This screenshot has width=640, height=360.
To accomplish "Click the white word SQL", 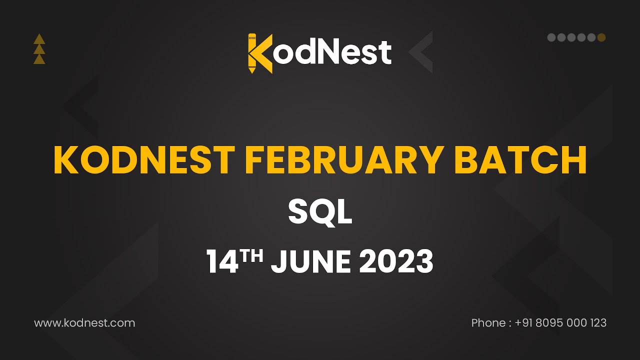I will [x=320, y=211].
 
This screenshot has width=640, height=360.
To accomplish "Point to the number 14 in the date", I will [x=222, y=261].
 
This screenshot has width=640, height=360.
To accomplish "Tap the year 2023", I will [x=396, y=261].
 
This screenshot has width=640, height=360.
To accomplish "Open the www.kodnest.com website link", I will [x=84, y=323].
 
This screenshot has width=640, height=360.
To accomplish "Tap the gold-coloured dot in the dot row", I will [x=601, y=37].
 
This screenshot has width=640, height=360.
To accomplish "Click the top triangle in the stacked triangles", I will [x=39, y=39].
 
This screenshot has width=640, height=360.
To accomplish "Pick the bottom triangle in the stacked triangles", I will [x=39, y=59].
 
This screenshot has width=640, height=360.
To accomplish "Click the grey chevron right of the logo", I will [x=420, y=52].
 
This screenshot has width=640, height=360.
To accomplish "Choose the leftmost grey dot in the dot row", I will [x=551, y=37].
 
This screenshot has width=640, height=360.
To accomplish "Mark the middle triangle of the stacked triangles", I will [x=39, y=49].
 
